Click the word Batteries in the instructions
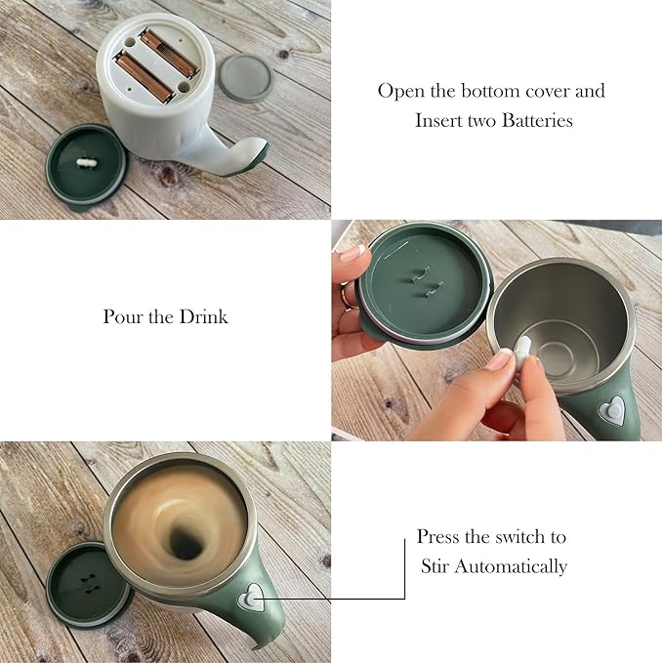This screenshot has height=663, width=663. (537, 120)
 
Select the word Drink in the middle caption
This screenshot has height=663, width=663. (203, 316)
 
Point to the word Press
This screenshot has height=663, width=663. (438, 537)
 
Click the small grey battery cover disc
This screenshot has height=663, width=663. (245, 78)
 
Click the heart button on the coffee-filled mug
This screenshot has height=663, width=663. (251, 599)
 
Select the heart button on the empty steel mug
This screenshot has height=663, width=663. (611, 410)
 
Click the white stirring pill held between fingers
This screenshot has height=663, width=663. (521, 352)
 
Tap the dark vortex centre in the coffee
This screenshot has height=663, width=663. (185, 543)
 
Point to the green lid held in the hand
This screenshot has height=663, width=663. (423, 287)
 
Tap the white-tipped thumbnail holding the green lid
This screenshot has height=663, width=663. (352, 254)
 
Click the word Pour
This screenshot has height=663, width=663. (121, 316)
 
